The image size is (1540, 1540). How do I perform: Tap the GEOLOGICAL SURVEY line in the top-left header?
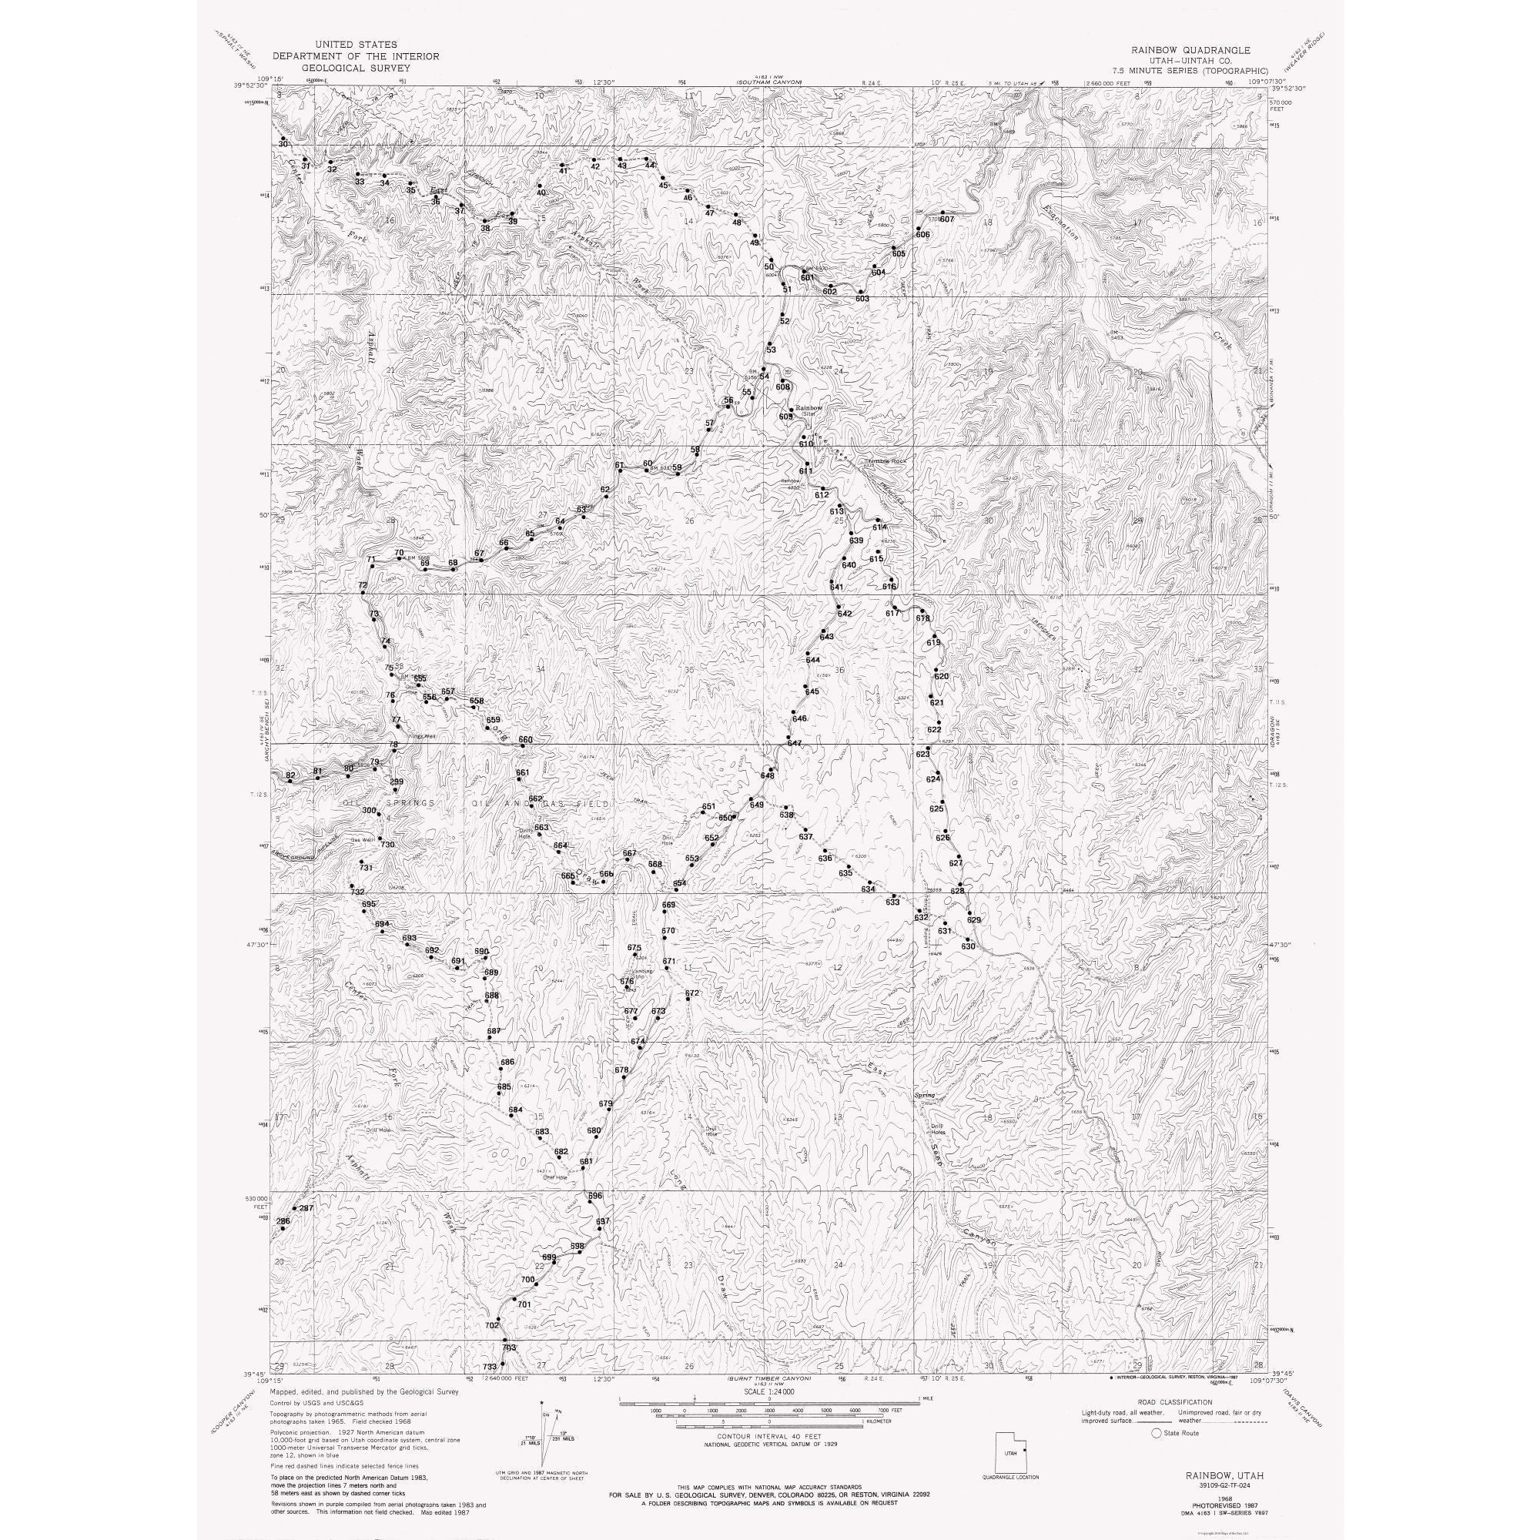356,69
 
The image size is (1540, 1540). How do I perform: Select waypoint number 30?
282,143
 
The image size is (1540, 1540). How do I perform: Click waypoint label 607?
947,219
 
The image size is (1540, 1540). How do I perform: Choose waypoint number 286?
283,1221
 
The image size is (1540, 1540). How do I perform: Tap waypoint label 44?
651,165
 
